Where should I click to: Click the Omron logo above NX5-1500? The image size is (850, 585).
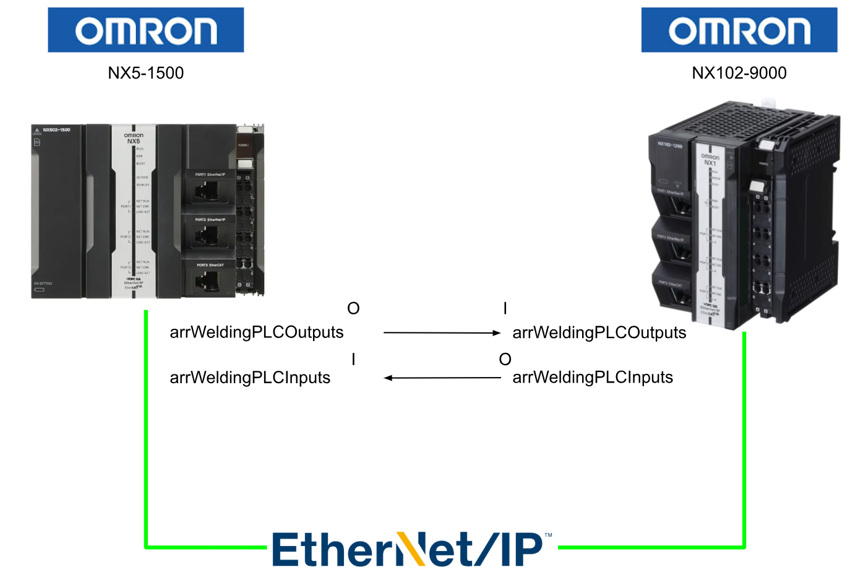[146, 30]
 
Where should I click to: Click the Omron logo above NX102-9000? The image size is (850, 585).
[739, 30]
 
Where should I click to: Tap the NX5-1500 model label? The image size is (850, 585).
[146, 73]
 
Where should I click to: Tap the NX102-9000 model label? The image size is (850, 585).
[739, 73]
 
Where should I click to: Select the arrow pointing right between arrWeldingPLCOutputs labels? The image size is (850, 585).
[442, 333]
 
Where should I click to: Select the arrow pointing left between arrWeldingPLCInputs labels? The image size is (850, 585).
[442, 378]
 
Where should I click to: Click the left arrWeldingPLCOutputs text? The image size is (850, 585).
[256, 332]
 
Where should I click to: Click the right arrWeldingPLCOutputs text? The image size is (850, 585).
[599, 333]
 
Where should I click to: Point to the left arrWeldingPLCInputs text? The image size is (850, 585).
[250, 378]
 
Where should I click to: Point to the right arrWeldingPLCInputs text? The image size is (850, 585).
[593, 378]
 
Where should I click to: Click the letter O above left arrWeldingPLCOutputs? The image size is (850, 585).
[353, 308]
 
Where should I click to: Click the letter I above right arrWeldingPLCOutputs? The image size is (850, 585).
[505, 308]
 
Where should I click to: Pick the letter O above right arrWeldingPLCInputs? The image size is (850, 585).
[505, 359]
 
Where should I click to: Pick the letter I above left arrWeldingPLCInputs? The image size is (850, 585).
[353, 359]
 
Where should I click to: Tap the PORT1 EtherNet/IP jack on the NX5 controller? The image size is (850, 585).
[206, 191]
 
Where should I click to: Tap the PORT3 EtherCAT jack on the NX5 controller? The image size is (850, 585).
[206, 282]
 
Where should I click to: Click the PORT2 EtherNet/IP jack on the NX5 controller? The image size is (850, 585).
[206, 236]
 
